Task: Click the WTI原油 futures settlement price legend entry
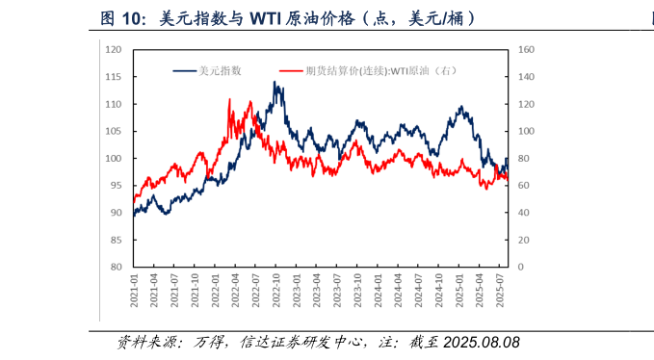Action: (380, 69)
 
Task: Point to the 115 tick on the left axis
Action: (114, 77)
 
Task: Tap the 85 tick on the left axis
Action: (116, 240)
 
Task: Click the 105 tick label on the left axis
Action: (114, 131)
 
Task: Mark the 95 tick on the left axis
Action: (116, 186)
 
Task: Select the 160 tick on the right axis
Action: (526, 50)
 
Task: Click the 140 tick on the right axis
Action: (526, 77)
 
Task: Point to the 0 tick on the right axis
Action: (521, 267)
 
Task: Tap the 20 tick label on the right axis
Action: (524, 240)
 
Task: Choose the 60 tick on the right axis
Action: (524, 186)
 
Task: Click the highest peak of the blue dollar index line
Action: (276, 83)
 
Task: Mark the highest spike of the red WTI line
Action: (229, 99)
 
